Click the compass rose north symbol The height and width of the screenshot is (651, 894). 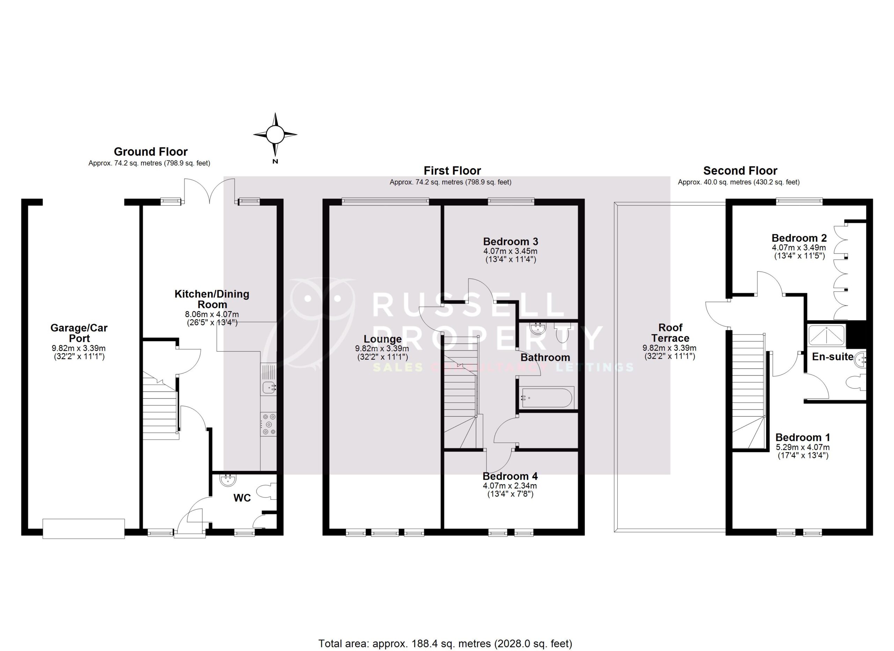(x=275, y=135)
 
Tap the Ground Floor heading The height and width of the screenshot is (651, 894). (x=151, y=151)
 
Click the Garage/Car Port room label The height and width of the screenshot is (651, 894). (x=79, y=333)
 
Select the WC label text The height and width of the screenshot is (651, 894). (x=242, y=498)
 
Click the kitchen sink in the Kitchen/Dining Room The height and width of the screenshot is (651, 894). (x=269, y=387)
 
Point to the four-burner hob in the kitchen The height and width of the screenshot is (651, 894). (x=269, y=424)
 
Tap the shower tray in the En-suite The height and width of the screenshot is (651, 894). (x=826, y=335)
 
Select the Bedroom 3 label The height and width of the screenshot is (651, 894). (x=511, y=242)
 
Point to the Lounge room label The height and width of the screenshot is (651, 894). (x=382, y=339)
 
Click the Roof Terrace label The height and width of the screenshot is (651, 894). (x=670, y=332)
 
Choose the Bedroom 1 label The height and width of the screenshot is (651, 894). (x=803, y=437)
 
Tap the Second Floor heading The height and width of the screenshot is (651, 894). (x=740, y=171)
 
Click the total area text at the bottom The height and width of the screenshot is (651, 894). (x=445, y=644)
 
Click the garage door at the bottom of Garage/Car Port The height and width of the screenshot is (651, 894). (x=83, y=529)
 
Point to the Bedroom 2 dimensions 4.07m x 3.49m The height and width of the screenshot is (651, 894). (x=799, y=248)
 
